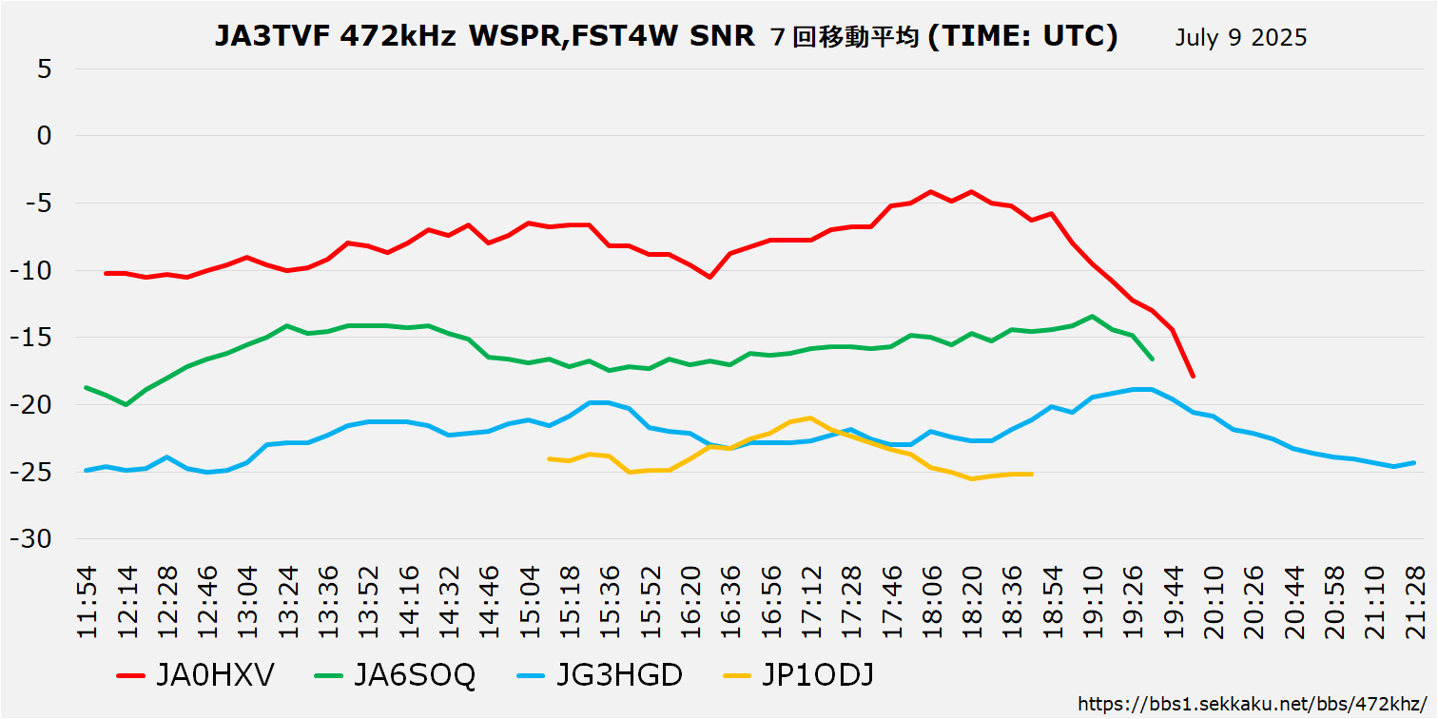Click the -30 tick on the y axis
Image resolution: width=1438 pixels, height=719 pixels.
pyautogui.click(x=32, y=539)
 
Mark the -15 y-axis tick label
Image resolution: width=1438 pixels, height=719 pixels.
pyautogui.click(x=32, y=338)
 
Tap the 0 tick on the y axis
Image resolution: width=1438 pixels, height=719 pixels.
pyautogui.click(x=45, y=136)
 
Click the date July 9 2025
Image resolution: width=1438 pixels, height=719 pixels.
pyautogui.click(x=1240, y=38)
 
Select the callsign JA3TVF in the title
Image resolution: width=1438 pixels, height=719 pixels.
pyautogui.click(x=272, y=37)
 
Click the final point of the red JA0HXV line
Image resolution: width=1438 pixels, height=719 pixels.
pyautogui.click(x=1193, y=377)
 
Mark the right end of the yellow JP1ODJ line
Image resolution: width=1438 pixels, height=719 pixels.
pyautogui.click(x=1032, y=474)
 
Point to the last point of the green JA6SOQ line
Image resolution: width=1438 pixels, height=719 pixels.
pyautogui.click(x=1153, y=359)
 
